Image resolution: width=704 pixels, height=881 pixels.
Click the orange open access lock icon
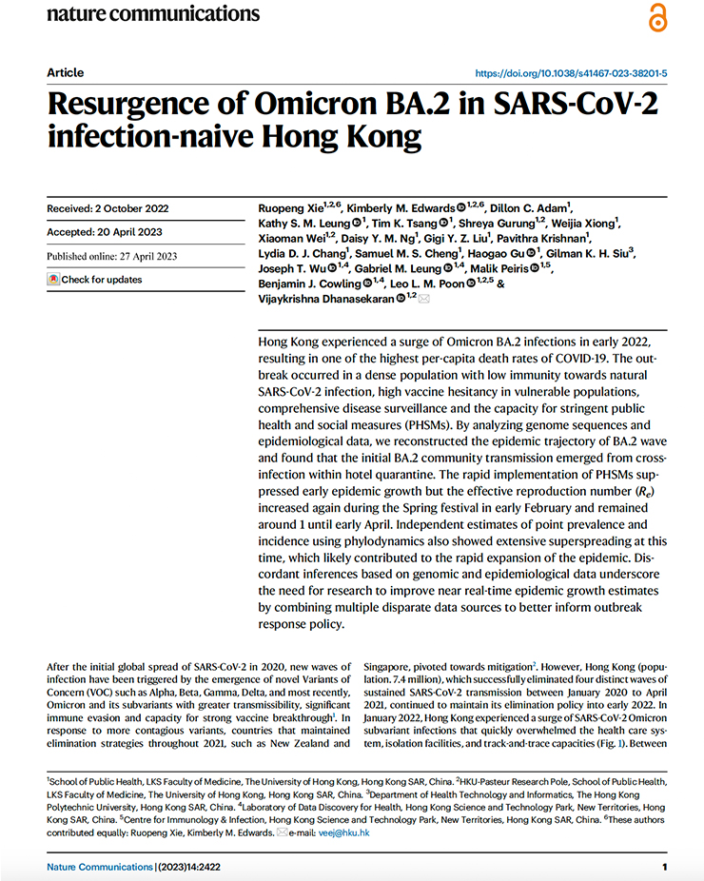click(x=657, y=17)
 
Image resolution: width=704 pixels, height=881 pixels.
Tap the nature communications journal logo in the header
click(x=152, y=13)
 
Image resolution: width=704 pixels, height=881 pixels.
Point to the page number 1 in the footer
click(x=664, y=867)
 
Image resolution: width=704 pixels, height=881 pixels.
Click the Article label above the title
click(x=65, y=73)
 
